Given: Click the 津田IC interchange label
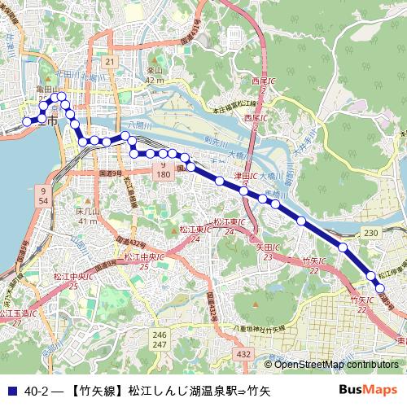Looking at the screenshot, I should coord(246,176).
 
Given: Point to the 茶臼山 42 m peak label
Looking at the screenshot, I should coord(155,76).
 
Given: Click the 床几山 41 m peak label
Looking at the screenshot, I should coord(87,216).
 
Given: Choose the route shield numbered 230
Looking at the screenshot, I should coord(371,234).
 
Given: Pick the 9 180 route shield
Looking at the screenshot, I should coord(163,170).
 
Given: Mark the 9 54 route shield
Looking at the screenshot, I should coord(43,195).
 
